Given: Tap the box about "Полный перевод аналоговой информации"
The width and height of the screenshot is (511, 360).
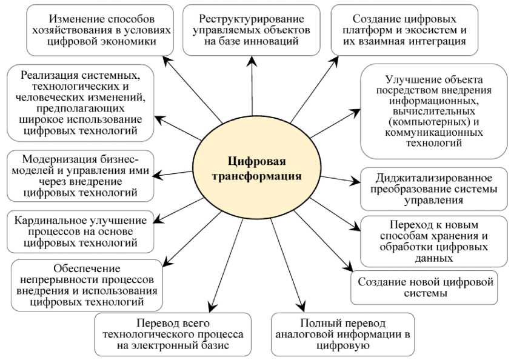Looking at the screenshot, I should click(342, 334).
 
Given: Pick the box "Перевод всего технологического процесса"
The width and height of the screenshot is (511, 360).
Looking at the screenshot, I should click(173, 334).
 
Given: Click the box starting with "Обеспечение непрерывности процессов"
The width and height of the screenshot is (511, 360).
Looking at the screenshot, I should click(87, 282).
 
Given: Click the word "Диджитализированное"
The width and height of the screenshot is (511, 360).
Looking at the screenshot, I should click(433, 178).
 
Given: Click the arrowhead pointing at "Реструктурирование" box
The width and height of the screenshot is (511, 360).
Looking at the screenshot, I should click(248, 60).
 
